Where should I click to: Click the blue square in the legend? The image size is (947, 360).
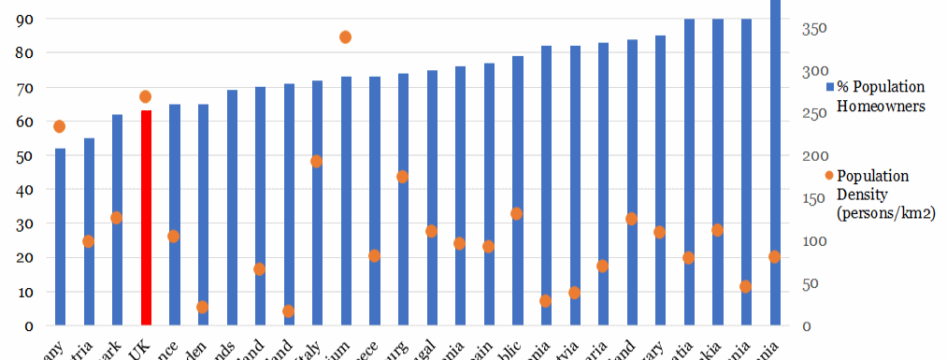click(x=830, y=87)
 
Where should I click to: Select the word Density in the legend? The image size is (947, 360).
click(x=862, y=194)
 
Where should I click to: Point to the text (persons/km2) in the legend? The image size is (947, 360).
click(x=886, y=214)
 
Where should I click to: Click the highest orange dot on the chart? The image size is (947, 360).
click(x=345, y=37)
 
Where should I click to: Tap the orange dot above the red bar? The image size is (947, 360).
click(x=145, y=96)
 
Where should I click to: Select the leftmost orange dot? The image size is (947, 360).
click(x=60, y=126)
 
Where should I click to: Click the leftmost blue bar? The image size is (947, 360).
click(x=60, y=237)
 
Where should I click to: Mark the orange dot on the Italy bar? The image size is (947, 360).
click(x=317, y=161)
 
